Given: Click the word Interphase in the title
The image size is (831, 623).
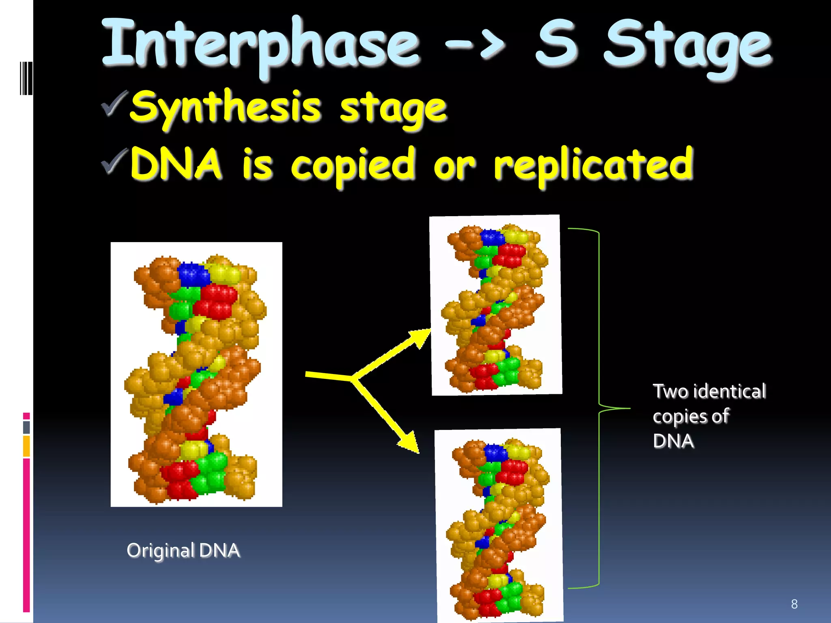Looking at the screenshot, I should click(260, 45).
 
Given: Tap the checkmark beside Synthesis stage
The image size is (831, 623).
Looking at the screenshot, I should click(114, 103).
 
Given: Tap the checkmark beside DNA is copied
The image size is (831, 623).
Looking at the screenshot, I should click(114, 161).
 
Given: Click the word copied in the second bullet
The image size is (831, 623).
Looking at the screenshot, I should click(353, 164).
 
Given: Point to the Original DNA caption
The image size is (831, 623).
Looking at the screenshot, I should click(183, 551).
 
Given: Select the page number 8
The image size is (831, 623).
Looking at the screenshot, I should click(794, 604).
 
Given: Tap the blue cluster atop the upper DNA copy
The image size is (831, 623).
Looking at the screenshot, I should click(492, 237).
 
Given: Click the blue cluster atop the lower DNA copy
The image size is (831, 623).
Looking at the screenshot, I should click(496, 453).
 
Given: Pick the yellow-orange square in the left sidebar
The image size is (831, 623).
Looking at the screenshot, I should click(26, 446).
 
